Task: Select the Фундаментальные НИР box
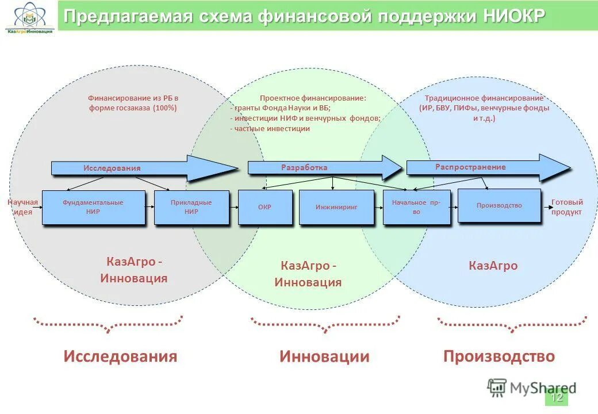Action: [x=93, y=207]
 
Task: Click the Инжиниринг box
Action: [x=336, y=207]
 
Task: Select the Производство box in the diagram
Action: [x=499, y=205]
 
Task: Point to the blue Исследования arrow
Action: [x=144, y=168]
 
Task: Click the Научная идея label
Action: [x=23, y=207]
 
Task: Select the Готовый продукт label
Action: [x=567, y=207]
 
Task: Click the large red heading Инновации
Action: [x=324, y=356]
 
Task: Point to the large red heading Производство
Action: [x=499, y=356]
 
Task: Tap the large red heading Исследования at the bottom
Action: [x=120, y=356]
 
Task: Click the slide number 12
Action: [x=556, y=397]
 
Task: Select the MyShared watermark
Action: [x=531, y=388]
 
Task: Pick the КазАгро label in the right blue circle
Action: [x=493, y=266]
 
